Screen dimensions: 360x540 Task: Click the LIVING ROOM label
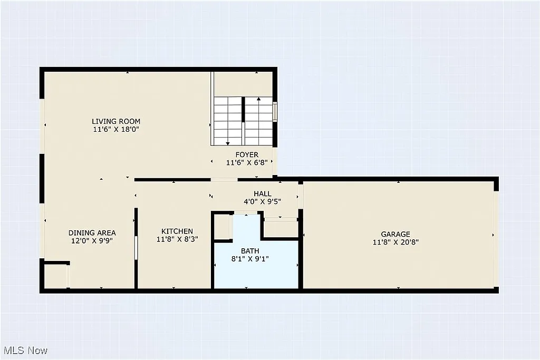(116, 121)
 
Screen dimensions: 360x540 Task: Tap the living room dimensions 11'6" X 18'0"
(116, 129)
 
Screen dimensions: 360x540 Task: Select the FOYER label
(247, 154)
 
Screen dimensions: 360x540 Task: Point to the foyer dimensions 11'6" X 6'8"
(247, 163)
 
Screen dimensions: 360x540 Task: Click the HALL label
(263, 193)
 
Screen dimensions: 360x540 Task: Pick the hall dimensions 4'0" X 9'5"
(262, 201)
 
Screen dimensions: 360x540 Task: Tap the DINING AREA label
(92, 232)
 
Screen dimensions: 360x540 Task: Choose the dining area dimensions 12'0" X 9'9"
(92, 240)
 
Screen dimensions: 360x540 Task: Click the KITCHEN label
(177, 231)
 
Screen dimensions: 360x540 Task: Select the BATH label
(250, 250)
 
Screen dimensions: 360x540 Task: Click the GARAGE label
(396, 234)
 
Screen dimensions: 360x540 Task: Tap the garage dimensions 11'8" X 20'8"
(396, 242)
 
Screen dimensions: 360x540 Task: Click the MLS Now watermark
(25, 351)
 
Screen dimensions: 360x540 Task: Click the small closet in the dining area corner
(55, 276)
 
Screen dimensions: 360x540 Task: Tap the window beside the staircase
(275, 112)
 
